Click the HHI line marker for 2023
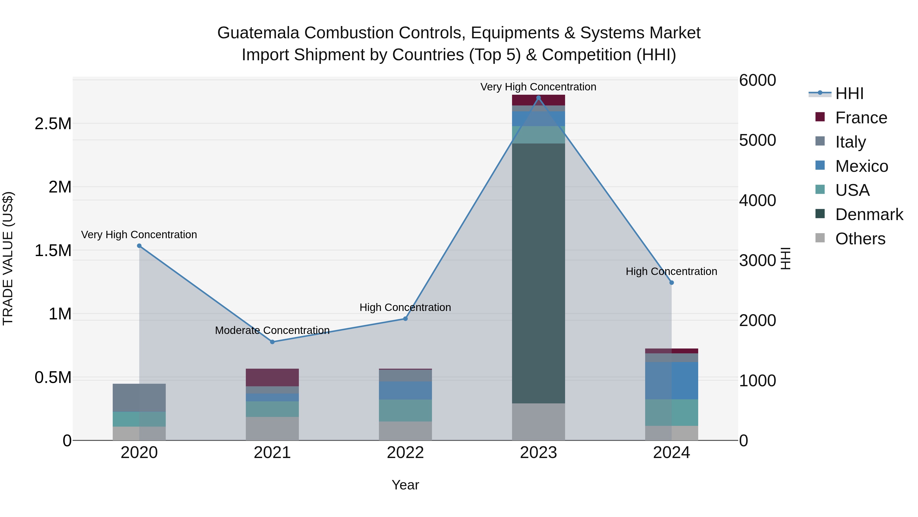pyautogui.click(x=538, y=98)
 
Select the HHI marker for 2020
pyautogui.click(x=139, y=246)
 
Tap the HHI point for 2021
pyautogui.click(x=272, y=342)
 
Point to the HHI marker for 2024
pyautogui.click(x=671, y=283)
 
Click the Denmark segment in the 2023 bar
pyautogui.click(x=538, y=273)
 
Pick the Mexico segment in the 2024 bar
pyautogui.click(x=671, y=380)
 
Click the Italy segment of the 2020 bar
pyautogui.click(x=139, y=398)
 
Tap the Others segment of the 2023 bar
pyautogui.click(x=538, y=422)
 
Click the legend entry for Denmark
pyautogui.click(x=869, y=214)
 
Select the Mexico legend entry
pyautogui.click(x=861, y=166)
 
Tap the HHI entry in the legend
pyautogui.click(x=849, y=93)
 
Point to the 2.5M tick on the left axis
pyautogui.click(x=53, y=124)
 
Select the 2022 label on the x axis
pyautogui.click(x=405, y=453)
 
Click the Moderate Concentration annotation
pyautogui.click(x=272, y=330)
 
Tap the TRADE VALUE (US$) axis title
pyautogui.click(x=8, y=258)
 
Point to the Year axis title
pyautogui.click(x=405, y=485)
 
